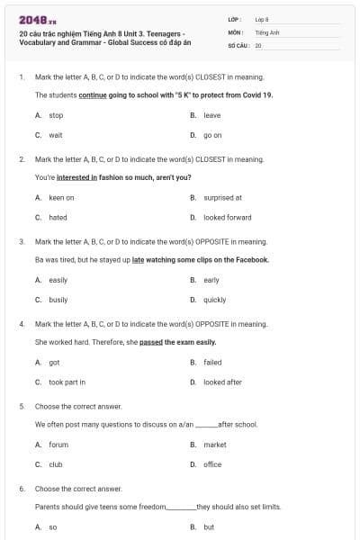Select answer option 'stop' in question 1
tap(56, 115)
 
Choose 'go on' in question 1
tap(212, 135)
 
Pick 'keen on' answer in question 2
tap(61, 197)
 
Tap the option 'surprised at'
tap(222, 197)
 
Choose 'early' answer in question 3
tap(211, 280)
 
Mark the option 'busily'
tap(58, 300)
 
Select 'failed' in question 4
tap(212, 362)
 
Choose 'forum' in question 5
tap(58, 445)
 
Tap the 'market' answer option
tap(215, 445)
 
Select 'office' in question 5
tap(212, 464)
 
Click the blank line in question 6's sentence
tap(181, 508)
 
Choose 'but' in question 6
tap(209, 526)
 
